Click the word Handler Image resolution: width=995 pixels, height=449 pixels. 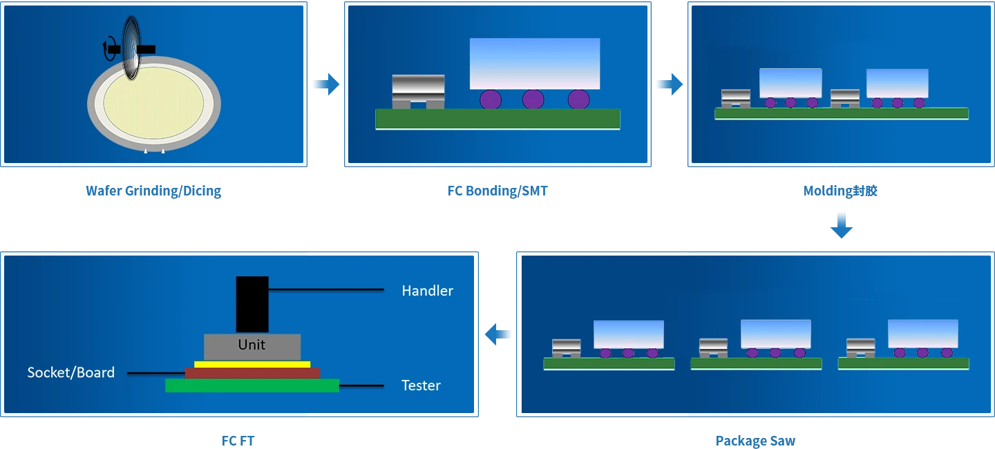pyautogui.click(x=427, y=291)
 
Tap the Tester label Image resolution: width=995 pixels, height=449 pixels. pyautogui.click(x=421, y=385)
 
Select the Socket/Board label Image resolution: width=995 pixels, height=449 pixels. pyautogui.click(x=70, y=372)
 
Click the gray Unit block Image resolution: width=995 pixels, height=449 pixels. pyautogui.click(x=252, y=345)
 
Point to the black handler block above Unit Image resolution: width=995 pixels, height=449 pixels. pyautogui.click(x=252, y=304)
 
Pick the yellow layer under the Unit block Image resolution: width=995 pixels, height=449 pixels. pyautogui.click(x=252, y=364)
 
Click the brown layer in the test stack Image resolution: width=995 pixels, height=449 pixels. pyautogui.click(x=252, y=373)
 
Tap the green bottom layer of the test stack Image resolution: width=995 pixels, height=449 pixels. pyautogui.click(x=252, y=385)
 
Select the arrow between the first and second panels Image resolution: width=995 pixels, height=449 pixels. pyautogui.click(x=325, y=84)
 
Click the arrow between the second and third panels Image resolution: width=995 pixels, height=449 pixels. pyautogui.click(x=668, y=84)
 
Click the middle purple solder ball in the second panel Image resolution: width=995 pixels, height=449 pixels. pyautogui.click(x=533, y=99)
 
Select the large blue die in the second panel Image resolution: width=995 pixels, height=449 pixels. pyautogui.click(x=534, y=64)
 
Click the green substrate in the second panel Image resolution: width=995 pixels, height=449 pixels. pyautogui.click(x=497, y=119)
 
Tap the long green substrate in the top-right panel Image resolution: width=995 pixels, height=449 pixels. pyautogui.click(x=841, y=113)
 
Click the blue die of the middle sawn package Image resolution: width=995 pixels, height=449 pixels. pyautogui.click(x=775, y=334)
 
